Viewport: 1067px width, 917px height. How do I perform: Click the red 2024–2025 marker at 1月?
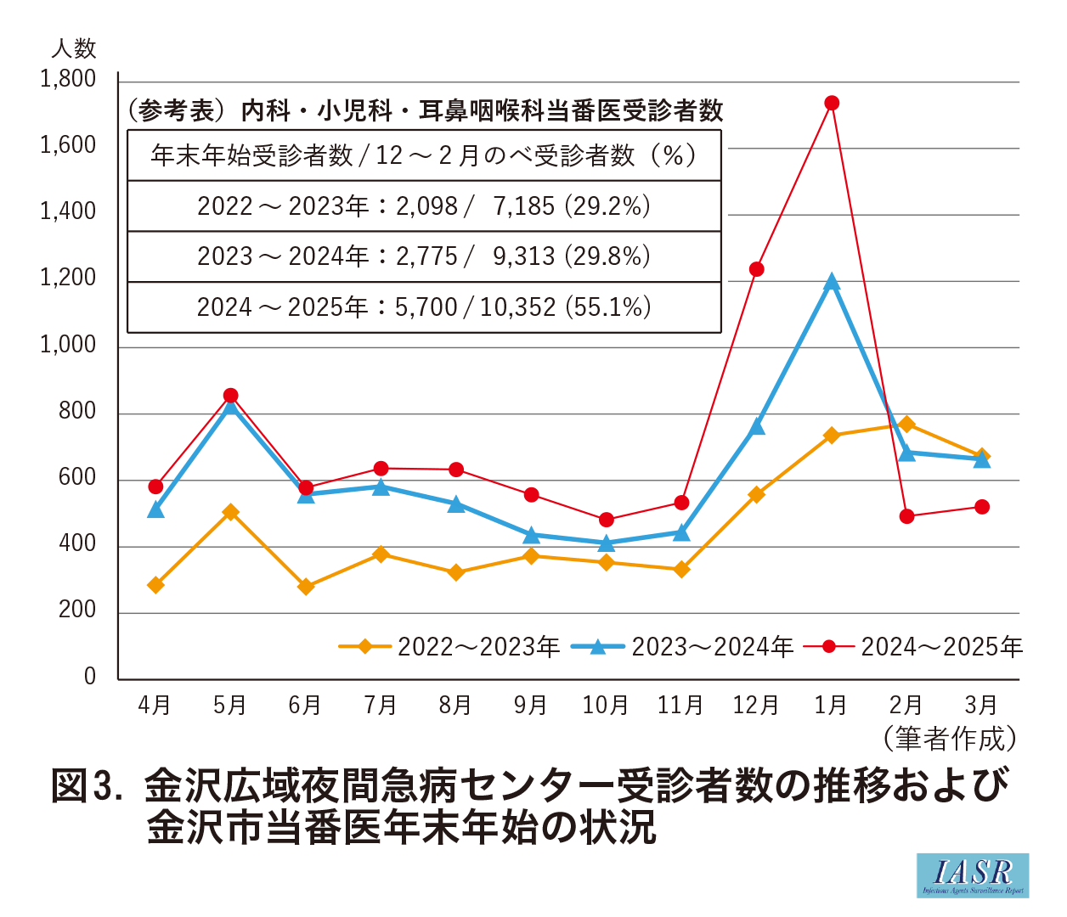point(832,103)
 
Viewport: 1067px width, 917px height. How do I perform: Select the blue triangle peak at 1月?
point(832,283)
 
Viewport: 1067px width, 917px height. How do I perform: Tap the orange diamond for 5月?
point(230,512)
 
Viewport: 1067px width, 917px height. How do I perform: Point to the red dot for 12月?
point(756,269)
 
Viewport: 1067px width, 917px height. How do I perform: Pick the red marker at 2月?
point(906,516)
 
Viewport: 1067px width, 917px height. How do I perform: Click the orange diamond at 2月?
point(906,424)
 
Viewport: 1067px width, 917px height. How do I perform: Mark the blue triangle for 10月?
point(606,543)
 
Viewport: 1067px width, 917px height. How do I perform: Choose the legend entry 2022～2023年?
point(449,647)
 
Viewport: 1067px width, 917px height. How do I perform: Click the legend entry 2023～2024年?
point(682,647)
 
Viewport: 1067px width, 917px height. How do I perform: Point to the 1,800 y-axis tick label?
point(68,80)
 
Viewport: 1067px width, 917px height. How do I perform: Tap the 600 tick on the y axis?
point(77,478)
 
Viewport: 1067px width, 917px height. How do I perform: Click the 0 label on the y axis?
point(90,677)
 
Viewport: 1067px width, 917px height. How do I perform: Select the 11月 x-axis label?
point(680,706)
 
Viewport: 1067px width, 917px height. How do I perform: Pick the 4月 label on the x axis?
point(155,706)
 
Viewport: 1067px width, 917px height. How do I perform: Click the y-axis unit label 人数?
point(74,48)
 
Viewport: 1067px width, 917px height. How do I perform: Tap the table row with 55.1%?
point(424,307)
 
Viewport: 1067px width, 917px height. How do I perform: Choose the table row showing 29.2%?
point(424,206)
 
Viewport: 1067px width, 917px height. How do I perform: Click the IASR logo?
point(973,875)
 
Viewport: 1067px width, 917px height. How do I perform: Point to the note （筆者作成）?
point(951,739)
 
